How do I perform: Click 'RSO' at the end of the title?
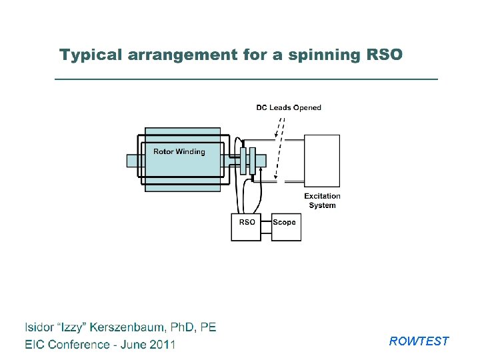385,54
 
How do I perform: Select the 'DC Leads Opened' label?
289,107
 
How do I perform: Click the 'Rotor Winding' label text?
179,151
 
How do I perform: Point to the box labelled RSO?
246,227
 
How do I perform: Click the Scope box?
286,227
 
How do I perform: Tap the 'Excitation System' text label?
322,201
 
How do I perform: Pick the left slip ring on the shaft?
243,161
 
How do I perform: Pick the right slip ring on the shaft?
252,161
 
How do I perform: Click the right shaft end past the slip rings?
261,161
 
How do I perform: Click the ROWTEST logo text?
419,341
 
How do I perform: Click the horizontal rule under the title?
245,79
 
